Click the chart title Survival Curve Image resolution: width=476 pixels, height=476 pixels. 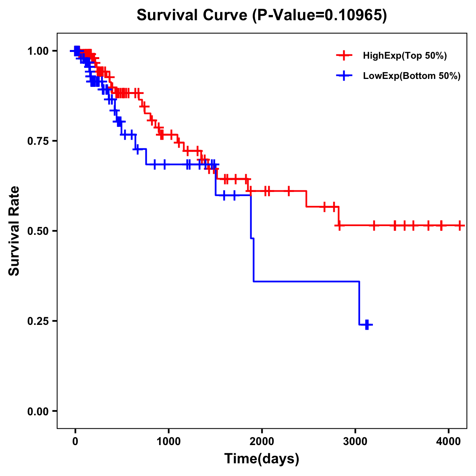(193, 15)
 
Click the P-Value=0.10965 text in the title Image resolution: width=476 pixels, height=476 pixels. (320, 15)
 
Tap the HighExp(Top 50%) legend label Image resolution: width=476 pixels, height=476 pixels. (405, 56)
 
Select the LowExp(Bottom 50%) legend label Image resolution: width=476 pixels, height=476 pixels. (412, 76)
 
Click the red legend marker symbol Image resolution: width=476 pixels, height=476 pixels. (344, 56)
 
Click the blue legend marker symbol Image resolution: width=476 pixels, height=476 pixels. (344, 76)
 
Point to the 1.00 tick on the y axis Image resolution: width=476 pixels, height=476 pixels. (38, 51)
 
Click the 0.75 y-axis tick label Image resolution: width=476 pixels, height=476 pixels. (38, 141)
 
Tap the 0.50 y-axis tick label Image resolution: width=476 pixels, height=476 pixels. (38, 231)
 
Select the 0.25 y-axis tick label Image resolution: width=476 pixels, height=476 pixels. (38, 321)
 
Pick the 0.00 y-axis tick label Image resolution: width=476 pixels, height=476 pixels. (38, 411)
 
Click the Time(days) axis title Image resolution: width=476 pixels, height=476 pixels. (262, 459)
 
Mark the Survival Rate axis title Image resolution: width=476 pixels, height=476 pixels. (15, 231)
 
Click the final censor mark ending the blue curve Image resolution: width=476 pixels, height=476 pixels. (367, 324)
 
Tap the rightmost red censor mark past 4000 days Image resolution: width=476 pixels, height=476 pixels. (459, 225)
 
